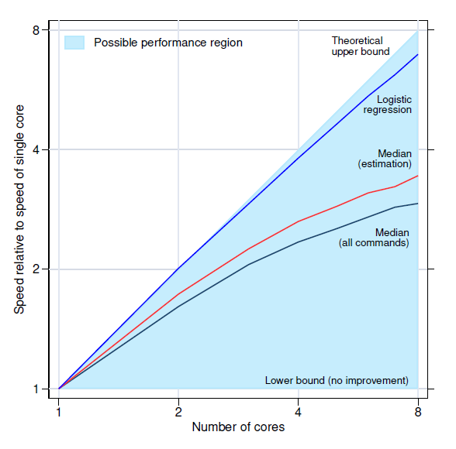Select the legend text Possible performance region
(x=168, y=43)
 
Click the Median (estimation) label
(x=385, y=159)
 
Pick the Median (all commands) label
(x=374, y=238)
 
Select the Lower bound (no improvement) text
(x=337, y=380)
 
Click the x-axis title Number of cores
(x=238, y=427)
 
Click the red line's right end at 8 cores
(x=418, y=176)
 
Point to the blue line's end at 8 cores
(x=418, y=55)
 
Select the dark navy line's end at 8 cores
(x=418, y=204)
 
